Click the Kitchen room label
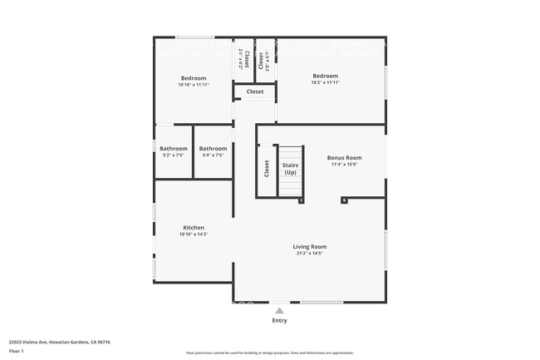(x=194, y=227)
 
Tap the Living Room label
(x=309, y=246)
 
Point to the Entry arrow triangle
(x=279, y=311)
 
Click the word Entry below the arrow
(x=279, y=320)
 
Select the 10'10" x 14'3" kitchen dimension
(x=194, y=234)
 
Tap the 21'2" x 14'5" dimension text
(x=309, y=254)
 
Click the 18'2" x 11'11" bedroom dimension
(x=325, y=83)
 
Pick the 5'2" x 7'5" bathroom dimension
(x=174, y=155)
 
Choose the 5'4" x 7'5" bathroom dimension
(x=213, y=155)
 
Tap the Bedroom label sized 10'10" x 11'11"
(x=193, y=78)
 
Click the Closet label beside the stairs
(x=267, y=169)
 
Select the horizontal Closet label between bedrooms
(x=255, y=91)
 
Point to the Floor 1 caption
(x=17, y=352)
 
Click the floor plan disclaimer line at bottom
(x=269, y=353)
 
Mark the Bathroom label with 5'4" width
(x=213, y=148)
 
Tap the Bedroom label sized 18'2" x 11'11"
(x=325, y=76)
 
